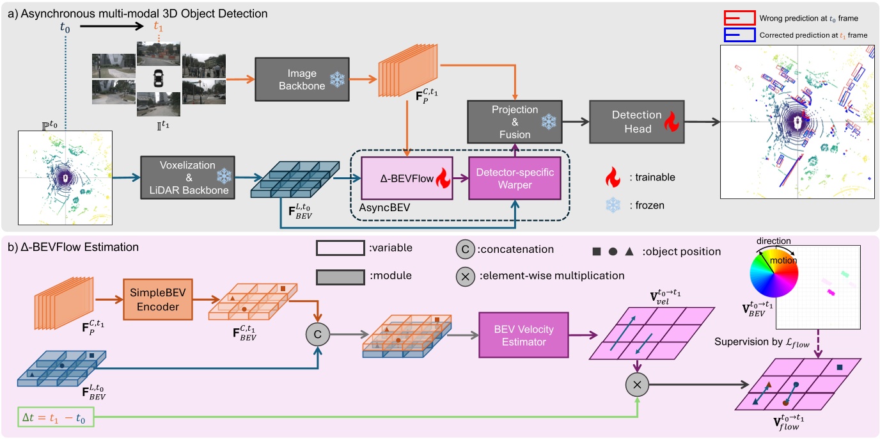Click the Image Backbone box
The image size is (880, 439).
(x=302, y=79)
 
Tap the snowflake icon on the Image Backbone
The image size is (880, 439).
(x=337, y=79)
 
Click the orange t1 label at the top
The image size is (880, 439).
(x=159, y=27)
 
